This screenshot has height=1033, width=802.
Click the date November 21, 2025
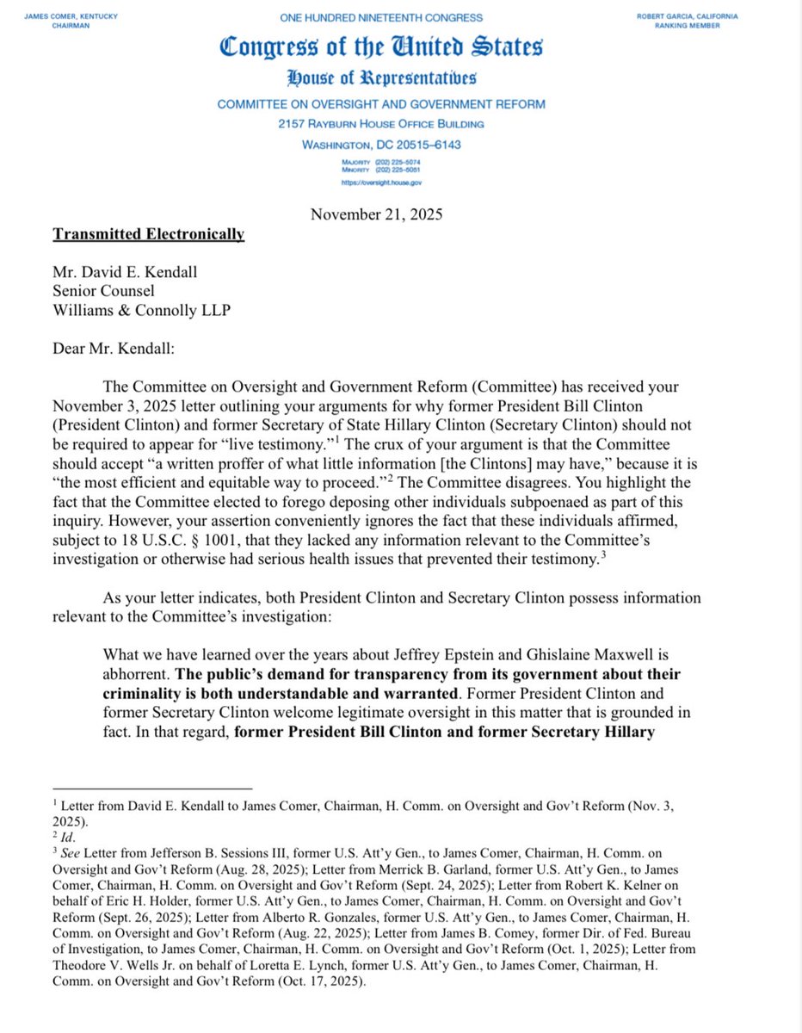coord(377,214)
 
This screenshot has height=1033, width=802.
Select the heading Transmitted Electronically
coord(149,234)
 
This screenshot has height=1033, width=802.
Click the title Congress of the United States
coord(381,48)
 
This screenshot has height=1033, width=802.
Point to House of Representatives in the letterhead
coord(381,79)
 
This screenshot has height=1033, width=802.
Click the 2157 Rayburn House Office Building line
coord(381,124)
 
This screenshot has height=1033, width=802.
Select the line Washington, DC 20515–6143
coord(381,145)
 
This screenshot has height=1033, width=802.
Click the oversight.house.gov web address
coord(381,182)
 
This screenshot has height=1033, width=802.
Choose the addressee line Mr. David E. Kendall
coord(125,272)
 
